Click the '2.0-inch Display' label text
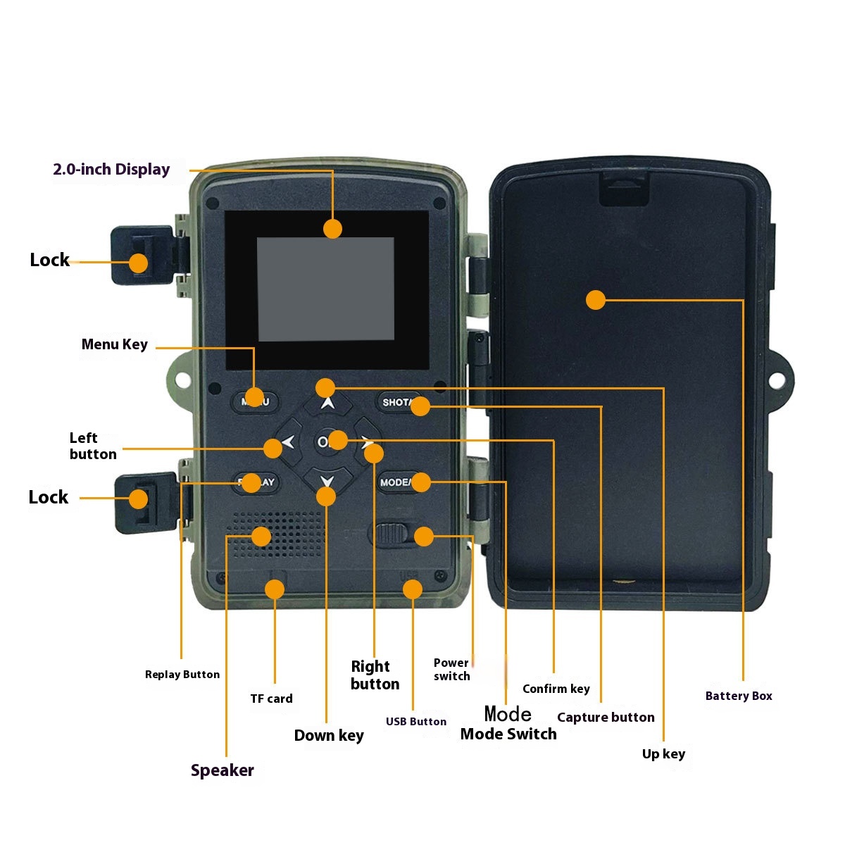coord(111,170)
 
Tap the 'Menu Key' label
coord(114,344)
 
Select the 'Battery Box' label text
coord(739,696)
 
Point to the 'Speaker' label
coord(222,770)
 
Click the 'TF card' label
coord(271,699)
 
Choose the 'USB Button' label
coord(415,721)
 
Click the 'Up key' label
coord(663,754)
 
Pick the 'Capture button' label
coord(606,718)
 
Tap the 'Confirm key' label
coord(556,689)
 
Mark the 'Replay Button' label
coord(182,675)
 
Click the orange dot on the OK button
coord(338,440)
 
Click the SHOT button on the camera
coord(397,403)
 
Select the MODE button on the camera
coord(396,482)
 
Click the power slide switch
coord(389,534)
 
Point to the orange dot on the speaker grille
coord(261,537)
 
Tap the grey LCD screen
coord(325,289)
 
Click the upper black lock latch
coord(141,255)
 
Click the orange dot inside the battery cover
coord(596,300)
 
